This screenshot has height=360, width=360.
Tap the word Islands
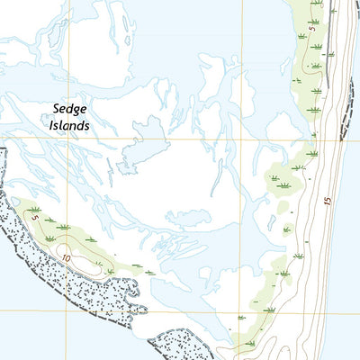(70, 126)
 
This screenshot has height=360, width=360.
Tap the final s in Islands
(87, 126)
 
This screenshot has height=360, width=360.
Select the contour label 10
(67, 256)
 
